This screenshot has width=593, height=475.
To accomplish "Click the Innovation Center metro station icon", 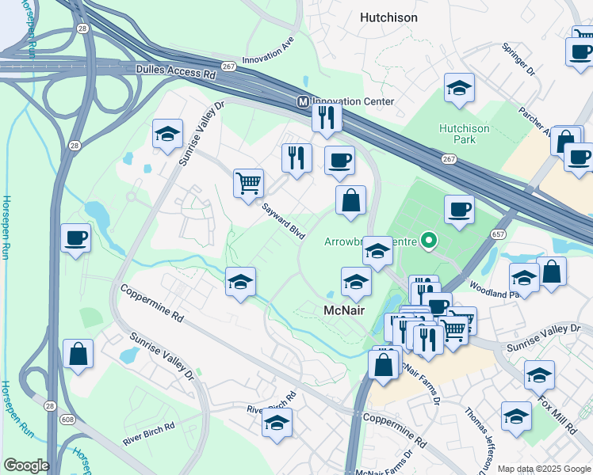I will tap(303, 102).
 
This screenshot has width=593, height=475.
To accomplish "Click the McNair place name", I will tap(345, 310).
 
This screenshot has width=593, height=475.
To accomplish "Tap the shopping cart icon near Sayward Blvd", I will tap(248, 183).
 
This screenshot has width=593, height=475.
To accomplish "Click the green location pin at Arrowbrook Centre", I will tap(429, 237).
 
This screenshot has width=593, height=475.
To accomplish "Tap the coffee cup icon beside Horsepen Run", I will tap(75, 237).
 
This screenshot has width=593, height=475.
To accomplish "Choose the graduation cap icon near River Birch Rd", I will tap(277, 424).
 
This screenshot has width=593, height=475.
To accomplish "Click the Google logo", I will tap(26, 465).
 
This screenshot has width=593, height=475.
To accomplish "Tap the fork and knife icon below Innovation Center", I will tap(327, 117).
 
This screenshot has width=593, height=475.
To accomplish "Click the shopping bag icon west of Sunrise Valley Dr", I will tap(78, 355).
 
